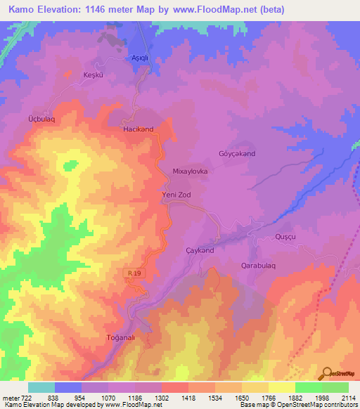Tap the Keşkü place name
[x=94, y=74]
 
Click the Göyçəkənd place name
[x=236, y=153]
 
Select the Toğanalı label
[x=120, y=337]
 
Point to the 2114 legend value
[x=349, y=398]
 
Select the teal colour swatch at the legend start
[x=41, y=387]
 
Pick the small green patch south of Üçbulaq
[x=70, y=166]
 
